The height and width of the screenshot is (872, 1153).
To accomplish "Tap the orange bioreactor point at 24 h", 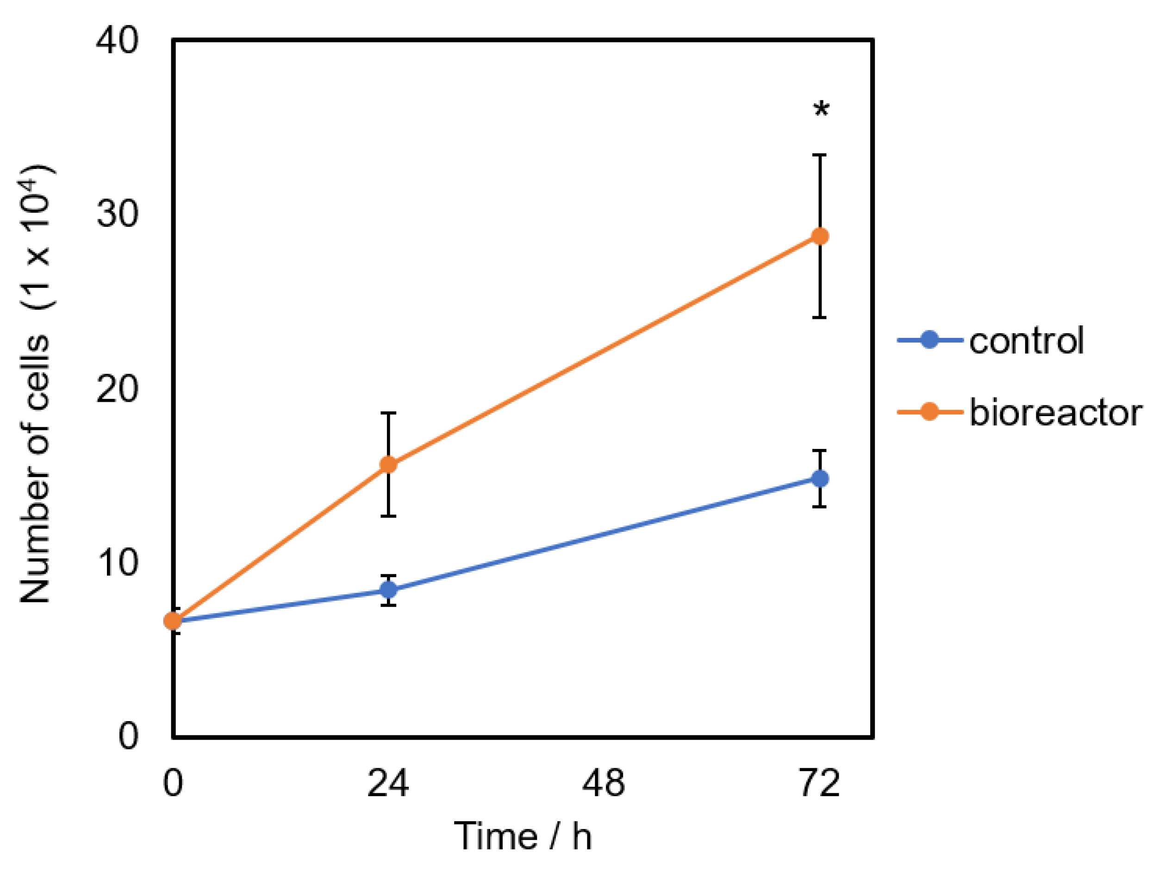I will (x=388, y=464).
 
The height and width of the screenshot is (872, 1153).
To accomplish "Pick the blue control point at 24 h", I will (x=388, y=590).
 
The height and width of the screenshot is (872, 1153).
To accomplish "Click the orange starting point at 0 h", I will (x=173, y=621).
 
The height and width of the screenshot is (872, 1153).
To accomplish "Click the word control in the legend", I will (x=1026, y=341).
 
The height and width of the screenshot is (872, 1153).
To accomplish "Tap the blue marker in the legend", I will (x=929, y=340).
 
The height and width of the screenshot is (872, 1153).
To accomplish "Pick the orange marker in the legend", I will (x=929, y=412).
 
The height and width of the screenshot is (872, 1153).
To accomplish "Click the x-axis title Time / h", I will (x=524, y=836).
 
